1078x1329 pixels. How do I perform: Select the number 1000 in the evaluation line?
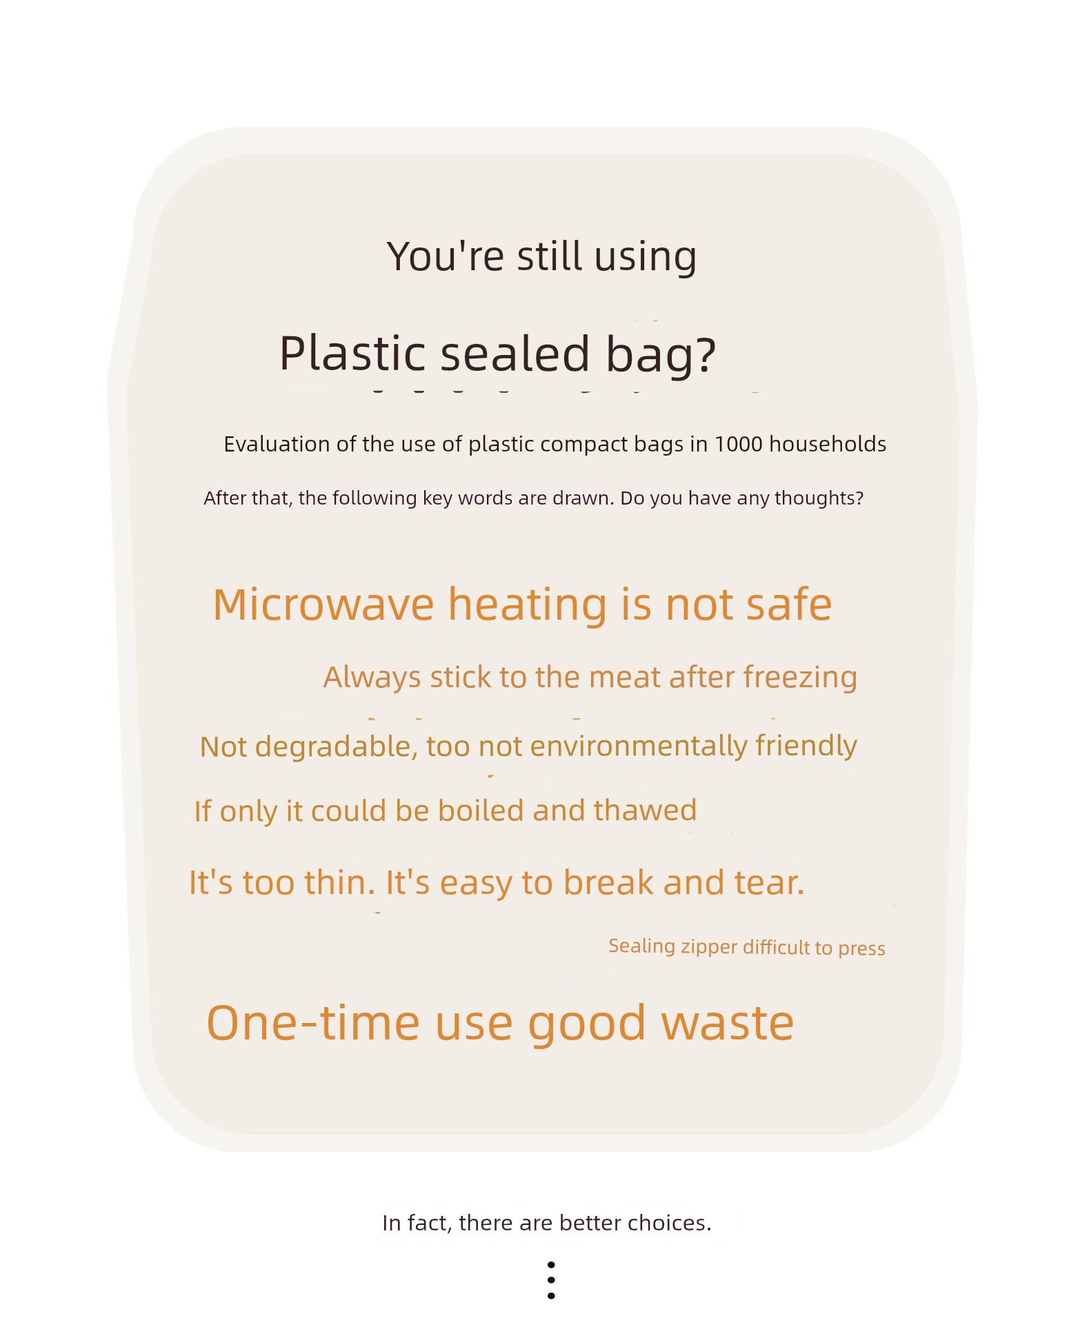point(739,445)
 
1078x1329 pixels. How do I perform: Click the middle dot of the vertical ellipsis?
point(551,1280)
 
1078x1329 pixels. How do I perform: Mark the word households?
point(828,445)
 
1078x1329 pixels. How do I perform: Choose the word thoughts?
point(819,498)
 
